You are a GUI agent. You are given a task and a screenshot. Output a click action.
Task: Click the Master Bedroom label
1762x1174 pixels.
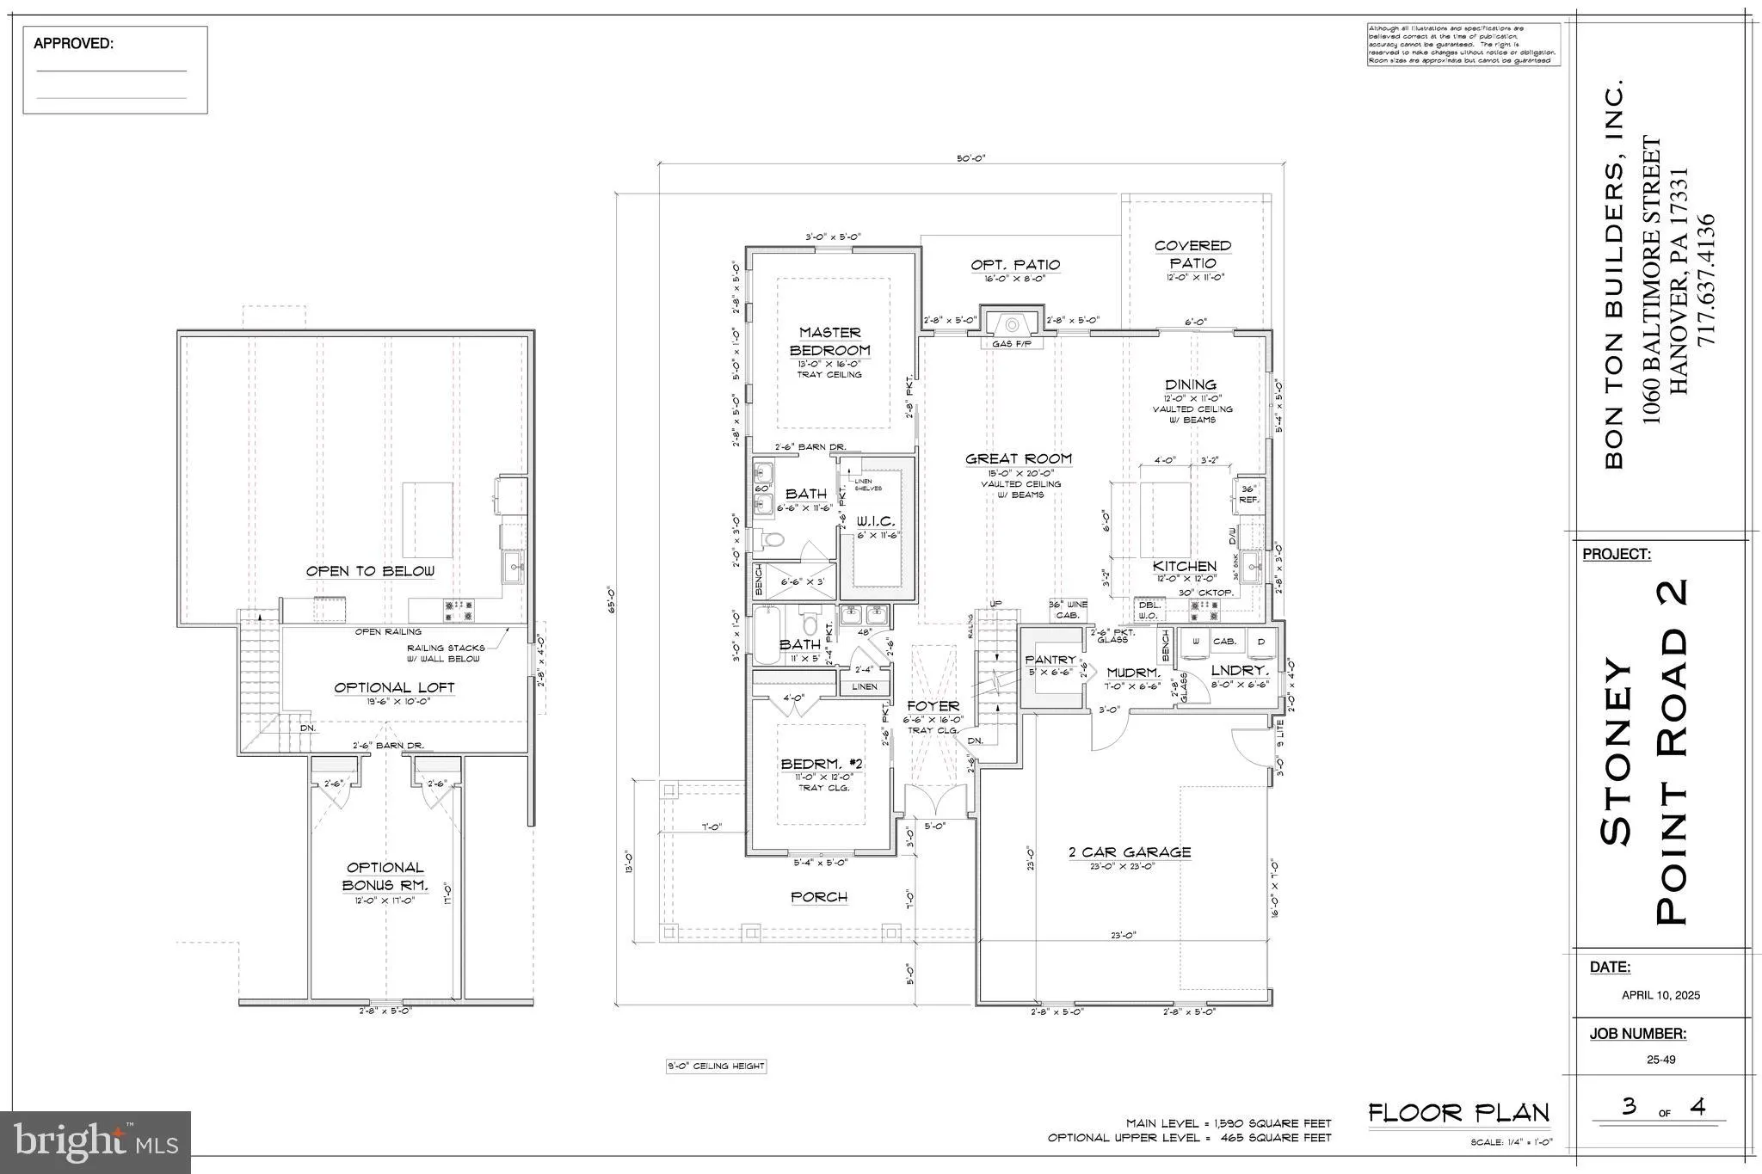coord(829,341)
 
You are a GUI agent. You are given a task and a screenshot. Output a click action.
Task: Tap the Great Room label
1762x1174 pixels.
coord(1019,459)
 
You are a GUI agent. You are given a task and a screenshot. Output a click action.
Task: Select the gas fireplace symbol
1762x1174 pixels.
coord(1012,325)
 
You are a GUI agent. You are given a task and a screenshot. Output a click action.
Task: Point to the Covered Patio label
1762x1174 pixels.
coord(1192,255)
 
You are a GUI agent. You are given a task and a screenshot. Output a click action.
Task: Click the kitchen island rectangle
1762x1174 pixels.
coord(1166,520)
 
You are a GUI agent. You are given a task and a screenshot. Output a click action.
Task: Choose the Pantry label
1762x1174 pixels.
coord(1050,660)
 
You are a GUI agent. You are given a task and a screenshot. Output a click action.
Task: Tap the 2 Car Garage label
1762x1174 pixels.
coord(1130,852)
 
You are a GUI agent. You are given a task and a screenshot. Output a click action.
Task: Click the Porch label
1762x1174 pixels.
coord(819,897)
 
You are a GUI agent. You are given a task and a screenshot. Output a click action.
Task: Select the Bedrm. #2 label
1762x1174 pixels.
coord(822,764)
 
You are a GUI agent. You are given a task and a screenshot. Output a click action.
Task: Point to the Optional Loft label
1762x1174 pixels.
coord(394,688)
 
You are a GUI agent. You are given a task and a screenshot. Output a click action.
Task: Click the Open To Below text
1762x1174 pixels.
coord(370,571)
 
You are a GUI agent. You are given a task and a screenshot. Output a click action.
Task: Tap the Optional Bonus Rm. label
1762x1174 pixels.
coord(385,876)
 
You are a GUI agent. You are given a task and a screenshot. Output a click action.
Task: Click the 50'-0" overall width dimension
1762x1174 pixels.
coord(970,158)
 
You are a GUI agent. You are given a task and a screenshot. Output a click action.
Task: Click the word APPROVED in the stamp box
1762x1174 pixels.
coord(73,44)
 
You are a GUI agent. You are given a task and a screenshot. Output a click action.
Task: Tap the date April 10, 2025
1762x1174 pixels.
coord(1660,995)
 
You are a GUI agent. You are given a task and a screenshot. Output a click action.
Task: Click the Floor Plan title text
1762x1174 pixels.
coord(1458,1113)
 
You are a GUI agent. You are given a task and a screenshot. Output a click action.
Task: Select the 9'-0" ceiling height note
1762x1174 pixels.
coord(716,1066)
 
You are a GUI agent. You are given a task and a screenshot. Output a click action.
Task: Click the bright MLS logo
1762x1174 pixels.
coord(95,1142)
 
